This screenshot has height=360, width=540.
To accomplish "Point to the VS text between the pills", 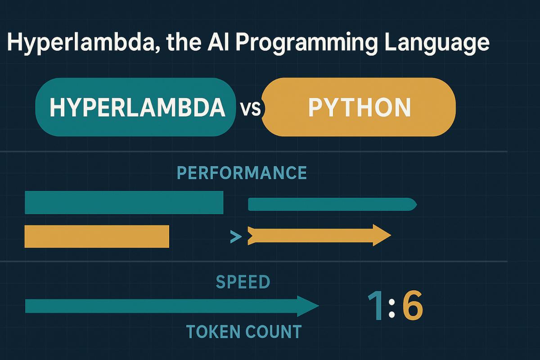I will [x=250, y=109].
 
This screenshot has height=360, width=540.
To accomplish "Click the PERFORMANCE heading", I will [x=242, y=173].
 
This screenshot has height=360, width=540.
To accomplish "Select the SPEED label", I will [x=243, y=282].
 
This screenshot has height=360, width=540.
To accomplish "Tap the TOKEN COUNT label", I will [x=243, y=332].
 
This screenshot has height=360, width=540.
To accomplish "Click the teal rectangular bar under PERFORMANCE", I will [x=124, y=202].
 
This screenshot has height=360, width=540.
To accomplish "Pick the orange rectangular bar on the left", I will [x=97, y=236].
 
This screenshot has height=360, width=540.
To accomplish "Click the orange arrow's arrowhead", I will [x=381, y=235].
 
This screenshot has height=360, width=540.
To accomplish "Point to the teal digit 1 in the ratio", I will [x=377, y=306].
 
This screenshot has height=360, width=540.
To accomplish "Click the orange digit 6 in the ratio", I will [x=412, y=306].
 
